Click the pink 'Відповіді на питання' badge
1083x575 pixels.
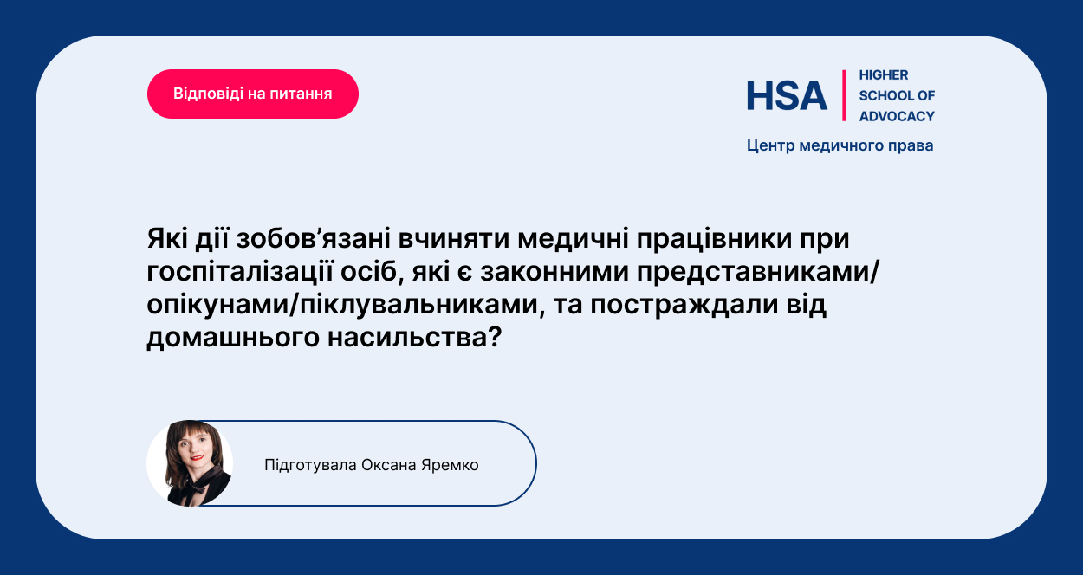[253, 94]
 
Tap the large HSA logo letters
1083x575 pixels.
[787, 95]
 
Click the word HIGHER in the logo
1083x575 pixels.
[884, 75]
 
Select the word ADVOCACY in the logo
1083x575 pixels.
[897, 116]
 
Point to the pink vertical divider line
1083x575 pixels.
[844, 95]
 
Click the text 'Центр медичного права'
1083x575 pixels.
[840, 145]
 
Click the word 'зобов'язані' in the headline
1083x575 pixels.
[314, 239]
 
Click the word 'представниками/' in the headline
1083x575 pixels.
[758, 272]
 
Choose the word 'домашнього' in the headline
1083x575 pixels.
[233, 338]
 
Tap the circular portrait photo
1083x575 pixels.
[190, 463]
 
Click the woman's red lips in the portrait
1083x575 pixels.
[197, 457]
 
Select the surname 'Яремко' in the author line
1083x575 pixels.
[450, 465]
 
